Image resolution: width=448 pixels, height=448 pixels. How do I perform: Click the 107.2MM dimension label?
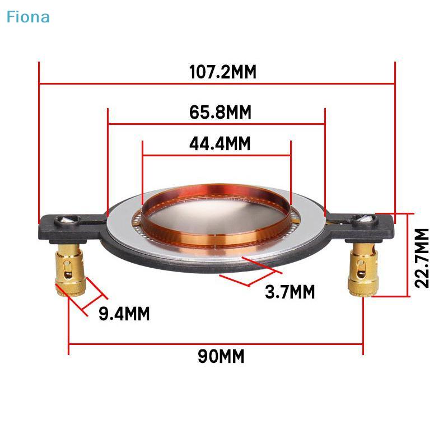(x=223, y=72)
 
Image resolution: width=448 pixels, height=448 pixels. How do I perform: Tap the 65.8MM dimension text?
(x=220, y=113)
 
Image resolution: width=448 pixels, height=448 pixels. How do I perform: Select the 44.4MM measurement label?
(x=220, y=144)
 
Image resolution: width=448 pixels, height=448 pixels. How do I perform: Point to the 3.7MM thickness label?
(x=290, y=292)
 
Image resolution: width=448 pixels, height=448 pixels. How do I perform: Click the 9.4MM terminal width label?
(x=124, y=314)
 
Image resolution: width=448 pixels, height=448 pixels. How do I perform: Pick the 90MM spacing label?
(x=221, y=356)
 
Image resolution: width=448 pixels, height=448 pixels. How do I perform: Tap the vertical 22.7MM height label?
(x=422, y=258)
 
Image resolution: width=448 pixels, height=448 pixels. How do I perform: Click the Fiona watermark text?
(x=28, y=17)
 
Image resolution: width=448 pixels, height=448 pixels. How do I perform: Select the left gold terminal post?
(x=71, y=270)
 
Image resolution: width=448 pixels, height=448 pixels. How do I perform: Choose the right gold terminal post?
(x=363, y=270)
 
